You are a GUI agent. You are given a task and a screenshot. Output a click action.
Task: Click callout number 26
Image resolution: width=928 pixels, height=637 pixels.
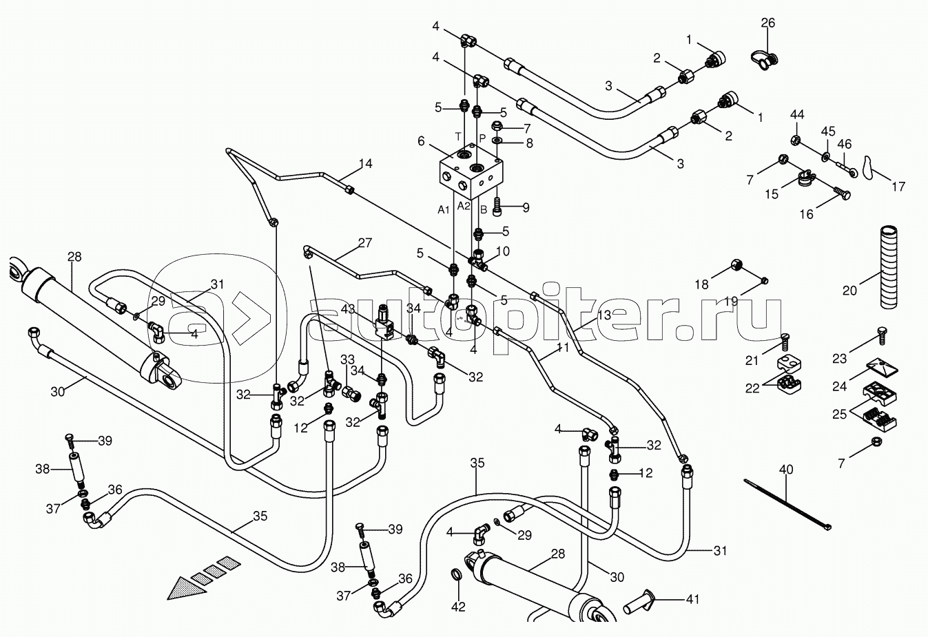(x=767, y=23)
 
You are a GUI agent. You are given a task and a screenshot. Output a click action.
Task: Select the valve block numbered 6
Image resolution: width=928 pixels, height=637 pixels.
(x=471, y=171)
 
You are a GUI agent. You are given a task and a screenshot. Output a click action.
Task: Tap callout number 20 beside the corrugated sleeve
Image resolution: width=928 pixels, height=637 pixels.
(x=849, y=291)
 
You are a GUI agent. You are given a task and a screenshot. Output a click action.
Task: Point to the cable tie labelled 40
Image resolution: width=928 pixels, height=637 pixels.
(x=787, y=504)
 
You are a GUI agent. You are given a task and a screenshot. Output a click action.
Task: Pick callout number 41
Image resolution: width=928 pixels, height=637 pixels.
(x=693, y=600)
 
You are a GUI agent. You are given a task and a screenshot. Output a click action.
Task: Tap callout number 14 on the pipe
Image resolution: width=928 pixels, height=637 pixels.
(x=365, y=164)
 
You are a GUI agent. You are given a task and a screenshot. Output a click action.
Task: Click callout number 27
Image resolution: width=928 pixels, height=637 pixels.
(x=364, y=242)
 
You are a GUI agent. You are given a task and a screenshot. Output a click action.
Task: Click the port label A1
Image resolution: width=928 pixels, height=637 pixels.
(x=444, y=207)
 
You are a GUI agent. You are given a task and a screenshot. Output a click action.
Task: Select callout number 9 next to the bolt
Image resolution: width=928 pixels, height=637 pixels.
(x=526, y=207)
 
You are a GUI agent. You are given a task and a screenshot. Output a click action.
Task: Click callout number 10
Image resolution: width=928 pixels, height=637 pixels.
(x=503, y=251)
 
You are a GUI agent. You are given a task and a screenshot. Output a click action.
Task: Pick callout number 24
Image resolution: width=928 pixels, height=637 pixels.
(x=838, y=386)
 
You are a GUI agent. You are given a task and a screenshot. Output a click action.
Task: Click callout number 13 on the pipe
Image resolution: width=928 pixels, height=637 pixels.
(x=604, y=314)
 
